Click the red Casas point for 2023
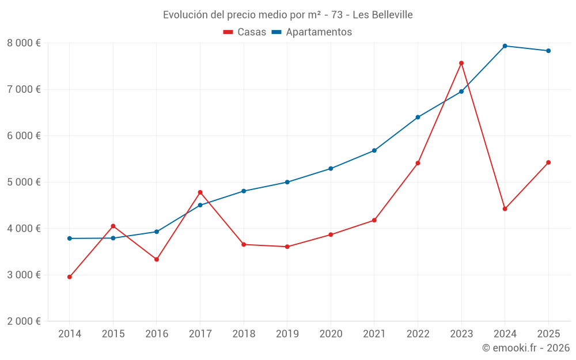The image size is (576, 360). coord(461,63)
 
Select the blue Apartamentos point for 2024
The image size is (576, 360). coord(505,46)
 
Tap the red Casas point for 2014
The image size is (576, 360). coord(70,277)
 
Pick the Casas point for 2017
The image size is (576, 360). coord(200,192)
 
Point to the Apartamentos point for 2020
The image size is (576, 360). coord(331,169)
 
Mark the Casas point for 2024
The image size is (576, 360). coord(505,209)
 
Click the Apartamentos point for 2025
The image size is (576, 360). coord(548,51)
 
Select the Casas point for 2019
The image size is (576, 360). coord(287,247)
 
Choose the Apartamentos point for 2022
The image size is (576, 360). coord(418,117)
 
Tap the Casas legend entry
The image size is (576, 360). coord(245,32)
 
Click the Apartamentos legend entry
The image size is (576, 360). coord(312,32)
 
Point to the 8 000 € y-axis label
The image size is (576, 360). coord(24,43)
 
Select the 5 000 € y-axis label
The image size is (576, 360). coord(24,182)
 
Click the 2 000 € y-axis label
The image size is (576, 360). coord(24,321)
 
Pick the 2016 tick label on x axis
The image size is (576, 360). coord(157,334)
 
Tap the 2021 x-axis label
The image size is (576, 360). coord(374,334)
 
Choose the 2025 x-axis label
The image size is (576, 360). coord(548,334)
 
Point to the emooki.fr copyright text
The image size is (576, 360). coord(526,348)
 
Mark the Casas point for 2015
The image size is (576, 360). coord(113,226)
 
